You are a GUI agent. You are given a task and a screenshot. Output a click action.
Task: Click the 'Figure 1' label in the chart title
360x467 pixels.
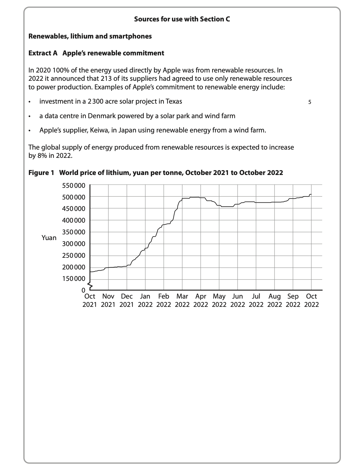pyautogui.click(x=41, y=173)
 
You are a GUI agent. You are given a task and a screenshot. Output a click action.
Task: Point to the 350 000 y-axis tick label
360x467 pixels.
pyautogui.click(x=73, y=232)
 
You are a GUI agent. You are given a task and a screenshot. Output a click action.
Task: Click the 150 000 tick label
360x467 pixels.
pyautogui.click(x=73, y=279)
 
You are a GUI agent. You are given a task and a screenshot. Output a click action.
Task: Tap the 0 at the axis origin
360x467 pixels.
pyautogui.click(x=83, y=290)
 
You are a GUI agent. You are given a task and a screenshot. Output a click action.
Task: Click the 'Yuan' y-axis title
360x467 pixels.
pyautogui.click(x=49, y=238)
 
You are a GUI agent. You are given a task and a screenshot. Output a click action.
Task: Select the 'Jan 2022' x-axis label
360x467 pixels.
pyautogui.click(x=145, y=301)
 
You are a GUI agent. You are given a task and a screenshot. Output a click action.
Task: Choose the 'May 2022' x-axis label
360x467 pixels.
pyautogui.click(x=219, y=301)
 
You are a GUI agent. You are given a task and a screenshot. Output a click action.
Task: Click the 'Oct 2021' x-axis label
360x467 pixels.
pyautogui.click(x=90, y=301)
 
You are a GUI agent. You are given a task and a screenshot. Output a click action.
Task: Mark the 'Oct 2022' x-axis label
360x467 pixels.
pyautogui.click(x=311, y=301)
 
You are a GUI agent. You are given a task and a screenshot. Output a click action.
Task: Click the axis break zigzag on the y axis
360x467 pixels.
pyautogui.click(x=90, y=285)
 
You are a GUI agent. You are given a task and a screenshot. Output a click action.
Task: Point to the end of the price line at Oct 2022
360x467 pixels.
pyautogui.click(x=311, y=194)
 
